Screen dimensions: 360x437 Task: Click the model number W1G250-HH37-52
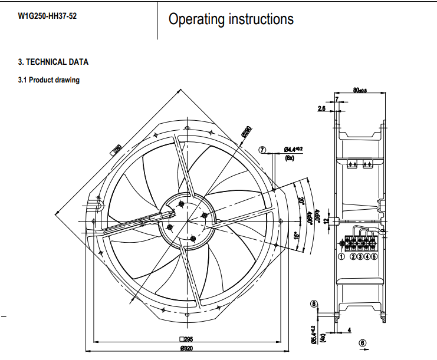click(x=47, y=16)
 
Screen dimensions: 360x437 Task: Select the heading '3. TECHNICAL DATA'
click(x=53, y=62)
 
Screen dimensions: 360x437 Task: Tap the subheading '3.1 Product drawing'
click(x=49, y=80)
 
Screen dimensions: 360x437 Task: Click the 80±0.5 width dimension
click(x=359, y=90)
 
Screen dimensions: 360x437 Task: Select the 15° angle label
click(x=297, y=236)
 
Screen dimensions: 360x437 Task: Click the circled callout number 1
click(x=341, y=256)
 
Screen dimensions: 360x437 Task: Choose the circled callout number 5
click(x=374, y=256)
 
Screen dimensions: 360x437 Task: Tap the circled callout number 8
click(x=314, y=303)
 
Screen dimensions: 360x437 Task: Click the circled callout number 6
click(x=362, y=343)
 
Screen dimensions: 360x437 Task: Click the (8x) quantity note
click(x=290, y=158)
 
